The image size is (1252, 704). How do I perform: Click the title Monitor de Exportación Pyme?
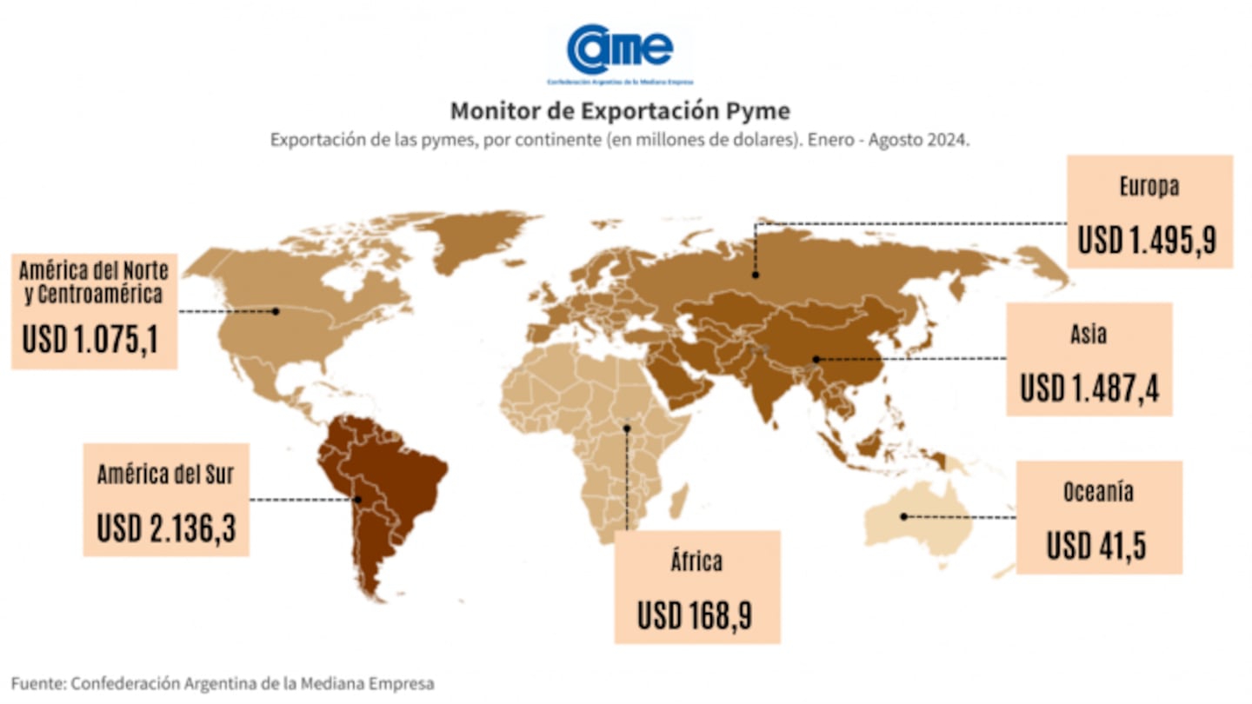pos(620,111)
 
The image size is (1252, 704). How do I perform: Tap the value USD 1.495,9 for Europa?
pos(1147,239)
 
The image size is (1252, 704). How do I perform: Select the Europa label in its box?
pos(1149,187)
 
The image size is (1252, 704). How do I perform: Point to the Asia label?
pos(1089,335)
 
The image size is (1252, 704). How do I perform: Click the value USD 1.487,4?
pos(1089,388)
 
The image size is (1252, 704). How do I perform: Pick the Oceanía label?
pos(1098,492)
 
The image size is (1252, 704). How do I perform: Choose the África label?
pos(696,561)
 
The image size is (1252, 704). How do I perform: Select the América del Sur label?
pos(165,475)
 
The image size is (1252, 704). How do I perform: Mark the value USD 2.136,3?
pos(166,528)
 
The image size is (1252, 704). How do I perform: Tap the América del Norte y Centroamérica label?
pos(94,281)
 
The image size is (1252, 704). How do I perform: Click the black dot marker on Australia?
pos(904,516)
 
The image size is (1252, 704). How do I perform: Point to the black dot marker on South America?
pos(357,500)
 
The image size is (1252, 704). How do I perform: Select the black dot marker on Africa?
pos(627,428)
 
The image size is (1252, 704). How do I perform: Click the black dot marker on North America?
pos(276,310)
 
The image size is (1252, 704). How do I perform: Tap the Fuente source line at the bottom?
pos(223,683)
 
